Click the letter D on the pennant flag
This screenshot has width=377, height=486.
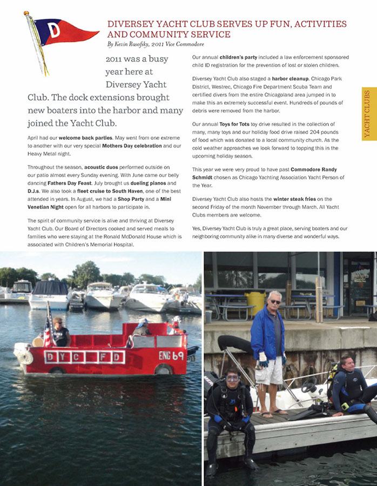(x=54, y=31)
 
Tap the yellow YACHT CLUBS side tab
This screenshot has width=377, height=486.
(x=368, y=113)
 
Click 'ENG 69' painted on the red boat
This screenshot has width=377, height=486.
(x=172, y=355)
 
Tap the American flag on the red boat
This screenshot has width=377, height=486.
(x=48, y=329)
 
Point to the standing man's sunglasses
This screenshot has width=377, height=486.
(x=275, y=301)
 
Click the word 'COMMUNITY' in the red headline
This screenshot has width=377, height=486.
(x=136, y=34)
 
